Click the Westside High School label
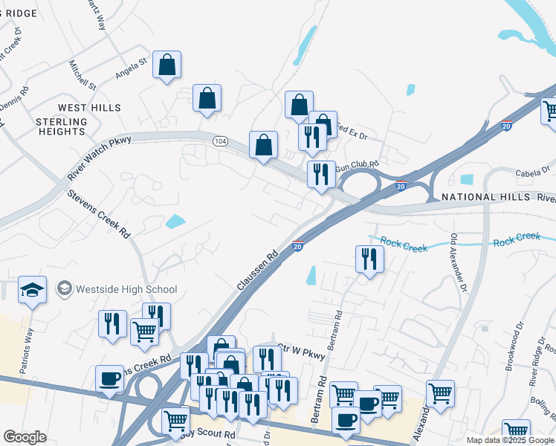pos(126,289)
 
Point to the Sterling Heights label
pos(61,126)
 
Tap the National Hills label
pos(484,197)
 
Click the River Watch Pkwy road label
pos(98,157)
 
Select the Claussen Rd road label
pos(257,269)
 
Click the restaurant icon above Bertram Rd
pos(369,259)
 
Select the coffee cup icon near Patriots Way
pos(109,378)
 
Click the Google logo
pos(25,437)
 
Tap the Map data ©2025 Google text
pos(511,440)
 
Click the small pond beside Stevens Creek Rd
pos(175,221)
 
